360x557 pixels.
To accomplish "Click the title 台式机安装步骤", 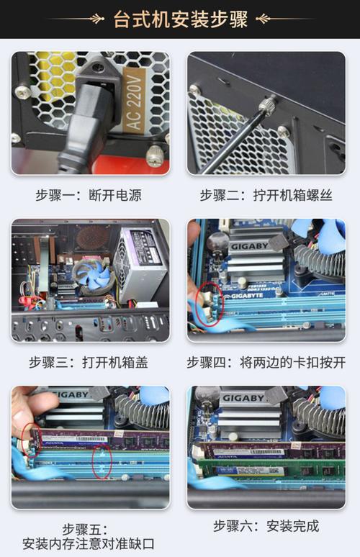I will [181, 19].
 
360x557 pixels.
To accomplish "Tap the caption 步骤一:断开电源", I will [89, 195].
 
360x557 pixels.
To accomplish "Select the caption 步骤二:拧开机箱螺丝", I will [266, 195].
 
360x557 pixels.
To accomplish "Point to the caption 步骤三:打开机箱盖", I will [89, 362].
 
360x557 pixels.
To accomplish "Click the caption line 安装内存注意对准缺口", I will [89, 543].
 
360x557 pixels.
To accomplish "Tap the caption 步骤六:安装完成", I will [266, 526].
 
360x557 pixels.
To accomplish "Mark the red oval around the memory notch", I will [102, 461].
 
